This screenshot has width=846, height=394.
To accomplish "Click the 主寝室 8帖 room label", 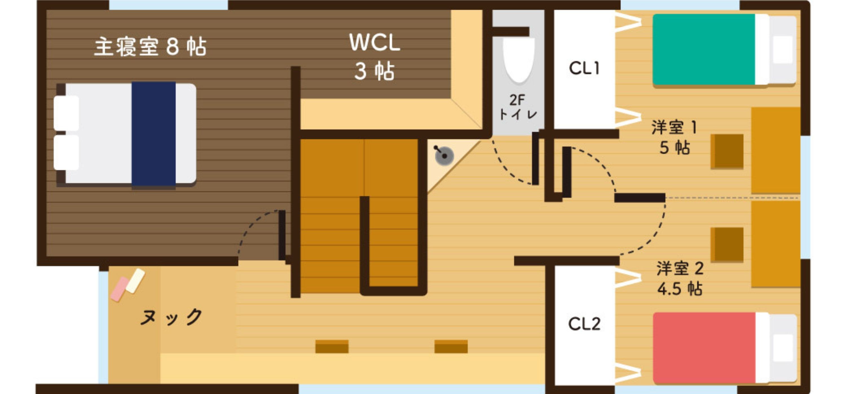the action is click(x=150, y=47).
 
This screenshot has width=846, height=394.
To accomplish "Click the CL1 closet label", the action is click(x=584, y=68).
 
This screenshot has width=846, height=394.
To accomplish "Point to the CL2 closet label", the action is click(x=584, y=324).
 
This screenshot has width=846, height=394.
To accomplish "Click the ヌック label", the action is click(x=171, y=316).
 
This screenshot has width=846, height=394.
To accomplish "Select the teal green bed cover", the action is click(x=704, y=49).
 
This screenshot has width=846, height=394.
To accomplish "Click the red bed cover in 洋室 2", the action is click(x=704, y=347).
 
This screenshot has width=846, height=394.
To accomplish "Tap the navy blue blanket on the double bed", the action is click(x=154, y=134).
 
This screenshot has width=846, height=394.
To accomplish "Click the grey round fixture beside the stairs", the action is click(x=444, y=156).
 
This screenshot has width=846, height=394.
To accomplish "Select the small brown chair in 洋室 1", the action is click(x=727, y=151).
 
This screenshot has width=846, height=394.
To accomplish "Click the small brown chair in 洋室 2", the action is click(x=727, y=245).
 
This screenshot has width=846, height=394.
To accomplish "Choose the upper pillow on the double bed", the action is click(x=66, y=113).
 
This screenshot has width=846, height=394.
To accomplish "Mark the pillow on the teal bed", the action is click(x=783, y=49).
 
